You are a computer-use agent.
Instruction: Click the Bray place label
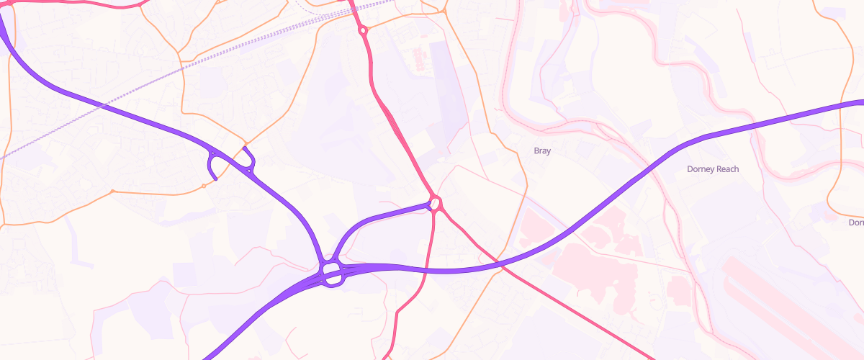coord(541,151)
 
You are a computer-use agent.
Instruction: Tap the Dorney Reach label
coord(713,169)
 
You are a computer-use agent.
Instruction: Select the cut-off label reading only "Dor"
coord(856,223)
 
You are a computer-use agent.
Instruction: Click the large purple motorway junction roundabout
coord(331,273)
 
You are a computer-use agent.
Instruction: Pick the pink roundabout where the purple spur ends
coord(435,203)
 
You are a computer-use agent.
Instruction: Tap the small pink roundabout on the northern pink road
coord(364,30)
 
